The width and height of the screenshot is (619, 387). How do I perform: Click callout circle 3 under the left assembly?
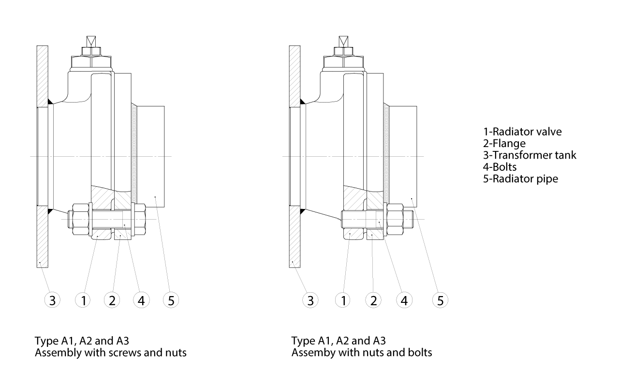point(52,300)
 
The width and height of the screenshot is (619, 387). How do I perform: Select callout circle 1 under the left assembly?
point(83,300)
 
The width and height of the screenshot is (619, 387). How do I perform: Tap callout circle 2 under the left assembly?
point(112,300)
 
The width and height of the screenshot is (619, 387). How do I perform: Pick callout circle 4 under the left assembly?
point(141,300)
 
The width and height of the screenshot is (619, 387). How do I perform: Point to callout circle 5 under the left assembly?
point(171,300)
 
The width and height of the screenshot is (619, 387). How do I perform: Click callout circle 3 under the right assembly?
point(310,300)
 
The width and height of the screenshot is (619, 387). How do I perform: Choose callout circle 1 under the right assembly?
point(343,300)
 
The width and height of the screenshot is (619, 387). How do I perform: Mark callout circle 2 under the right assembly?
point(373,300)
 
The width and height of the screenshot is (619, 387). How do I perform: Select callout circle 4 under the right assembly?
point(404,300)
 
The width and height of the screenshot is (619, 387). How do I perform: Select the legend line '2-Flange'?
point(504,143)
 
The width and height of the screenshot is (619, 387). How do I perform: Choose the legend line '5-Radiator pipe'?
point(521,179)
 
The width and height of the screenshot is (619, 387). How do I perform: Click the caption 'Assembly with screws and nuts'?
point(111,353)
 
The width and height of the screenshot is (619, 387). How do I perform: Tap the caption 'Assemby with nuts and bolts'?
point(362,353)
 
